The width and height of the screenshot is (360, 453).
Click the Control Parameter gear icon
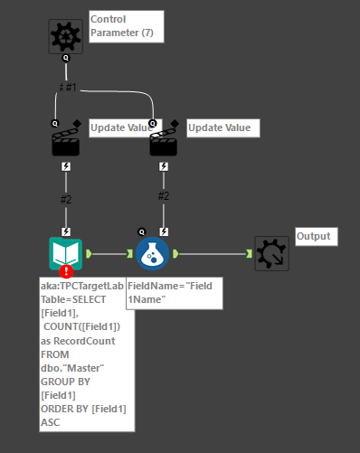65,35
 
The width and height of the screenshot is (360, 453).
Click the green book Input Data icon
65,253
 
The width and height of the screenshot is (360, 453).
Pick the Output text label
315,237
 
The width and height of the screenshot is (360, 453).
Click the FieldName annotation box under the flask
173,292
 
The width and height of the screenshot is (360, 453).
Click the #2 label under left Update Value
65,199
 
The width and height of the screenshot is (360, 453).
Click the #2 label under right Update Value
163,195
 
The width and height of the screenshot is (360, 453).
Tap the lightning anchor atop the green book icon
65,232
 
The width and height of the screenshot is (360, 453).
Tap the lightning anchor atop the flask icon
163,232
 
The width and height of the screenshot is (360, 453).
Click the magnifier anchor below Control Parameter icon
65,57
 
